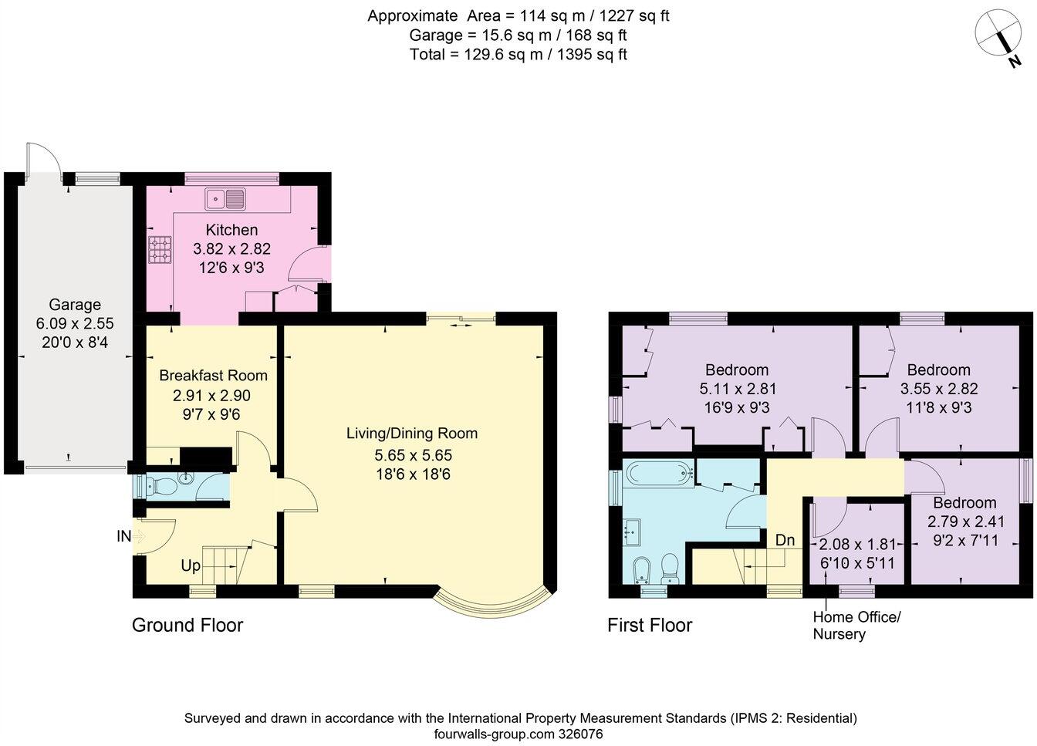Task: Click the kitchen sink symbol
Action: click(225, 199)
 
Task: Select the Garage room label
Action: click(75, 305)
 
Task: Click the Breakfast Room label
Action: click(213, 376)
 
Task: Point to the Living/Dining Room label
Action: click(411, 433)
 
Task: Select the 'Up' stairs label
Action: click(191, 565)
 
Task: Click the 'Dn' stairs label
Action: click(785, 540)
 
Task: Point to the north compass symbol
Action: click(1000, 37)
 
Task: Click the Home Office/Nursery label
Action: click(856, 626)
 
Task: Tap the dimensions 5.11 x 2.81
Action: click(736, 389)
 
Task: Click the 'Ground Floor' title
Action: click(187, 625)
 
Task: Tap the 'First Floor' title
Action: click(650, 625)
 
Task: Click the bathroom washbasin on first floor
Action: click(633, 530)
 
